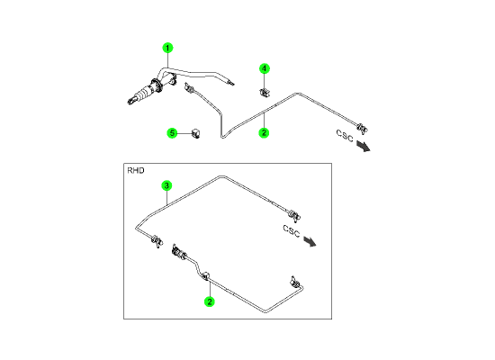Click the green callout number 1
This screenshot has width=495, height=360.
click(167, 48)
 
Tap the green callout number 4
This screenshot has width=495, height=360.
click(265, 68)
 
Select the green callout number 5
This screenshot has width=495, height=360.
click(172, 133)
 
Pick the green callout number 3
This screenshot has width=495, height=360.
click(166, 185)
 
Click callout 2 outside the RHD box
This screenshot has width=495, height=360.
click(264, 132)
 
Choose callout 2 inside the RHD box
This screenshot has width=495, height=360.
click(210, 301)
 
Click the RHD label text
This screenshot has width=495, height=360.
click(136, 170)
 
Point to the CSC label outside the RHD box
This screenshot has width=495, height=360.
click(345, 136)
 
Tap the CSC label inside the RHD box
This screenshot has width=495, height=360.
click(291, 231)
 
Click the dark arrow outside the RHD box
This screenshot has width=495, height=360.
click(364, 146)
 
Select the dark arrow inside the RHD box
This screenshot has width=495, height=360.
click(310, 241)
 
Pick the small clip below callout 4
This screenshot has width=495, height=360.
click(265, 93)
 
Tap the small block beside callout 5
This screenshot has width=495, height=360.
click(195, 133)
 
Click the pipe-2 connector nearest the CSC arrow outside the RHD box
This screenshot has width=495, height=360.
click(363, 129)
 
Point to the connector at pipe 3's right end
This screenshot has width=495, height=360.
click(294, 215)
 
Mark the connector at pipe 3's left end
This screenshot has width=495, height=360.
click(157, 241)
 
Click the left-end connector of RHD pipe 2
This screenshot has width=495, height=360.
click(179, 252)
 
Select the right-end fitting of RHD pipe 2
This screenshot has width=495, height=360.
click(295, 282)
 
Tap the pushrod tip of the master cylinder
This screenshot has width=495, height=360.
click(130, 102)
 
